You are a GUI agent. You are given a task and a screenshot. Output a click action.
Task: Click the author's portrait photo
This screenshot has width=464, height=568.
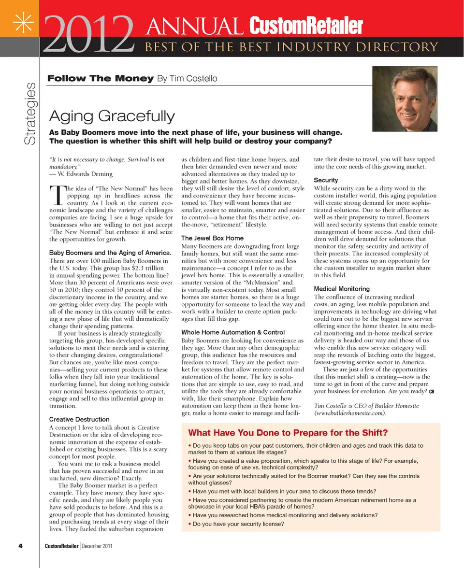coord(405,99)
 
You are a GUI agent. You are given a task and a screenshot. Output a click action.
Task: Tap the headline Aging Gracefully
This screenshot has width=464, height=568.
coord(112,116)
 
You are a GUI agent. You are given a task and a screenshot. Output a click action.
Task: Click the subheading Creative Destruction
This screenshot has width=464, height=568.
coord(79,419)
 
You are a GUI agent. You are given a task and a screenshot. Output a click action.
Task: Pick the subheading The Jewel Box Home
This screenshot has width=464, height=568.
coord(212,238)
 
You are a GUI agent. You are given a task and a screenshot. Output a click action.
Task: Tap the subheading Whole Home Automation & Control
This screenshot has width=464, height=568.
coord(233,332)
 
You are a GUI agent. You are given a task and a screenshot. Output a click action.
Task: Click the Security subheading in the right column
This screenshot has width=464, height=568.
coord(326,180)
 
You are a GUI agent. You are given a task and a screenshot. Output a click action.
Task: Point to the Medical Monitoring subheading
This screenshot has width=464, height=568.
coord(342,289)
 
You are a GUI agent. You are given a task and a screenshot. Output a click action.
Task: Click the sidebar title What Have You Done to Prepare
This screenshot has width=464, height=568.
coord(288,433)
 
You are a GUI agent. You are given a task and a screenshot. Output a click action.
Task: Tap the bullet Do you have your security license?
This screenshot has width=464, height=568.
coord(238,524)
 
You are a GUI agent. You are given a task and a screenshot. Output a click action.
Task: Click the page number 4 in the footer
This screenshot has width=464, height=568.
coord(21,546)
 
